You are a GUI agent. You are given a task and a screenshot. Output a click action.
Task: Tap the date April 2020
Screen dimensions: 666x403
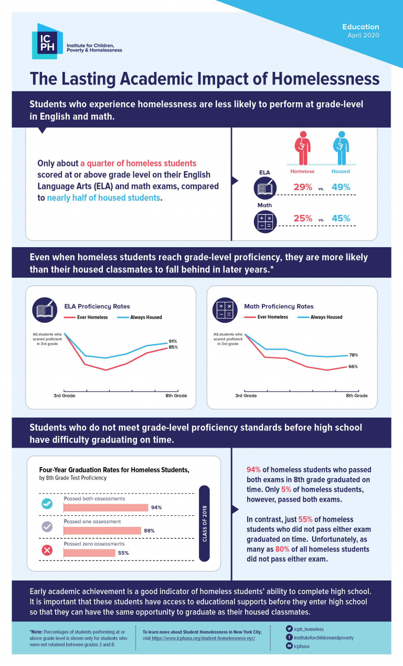pos(363,35)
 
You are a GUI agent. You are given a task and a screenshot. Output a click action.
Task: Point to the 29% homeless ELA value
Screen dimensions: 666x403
pos(302,187)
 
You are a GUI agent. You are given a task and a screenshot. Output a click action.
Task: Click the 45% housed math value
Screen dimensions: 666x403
pos(341,218)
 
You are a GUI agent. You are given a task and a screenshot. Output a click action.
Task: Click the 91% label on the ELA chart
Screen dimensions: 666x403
pos(173,341)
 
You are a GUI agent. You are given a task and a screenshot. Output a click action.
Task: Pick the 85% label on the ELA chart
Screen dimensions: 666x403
pos(173,347)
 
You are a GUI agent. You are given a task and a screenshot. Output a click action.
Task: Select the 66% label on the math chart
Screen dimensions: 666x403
pos(353,366)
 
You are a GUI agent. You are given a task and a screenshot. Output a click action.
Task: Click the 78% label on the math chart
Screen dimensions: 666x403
pos(353,355)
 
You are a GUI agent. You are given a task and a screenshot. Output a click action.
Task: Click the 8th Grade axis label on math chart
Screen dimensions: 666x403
pos(356,396)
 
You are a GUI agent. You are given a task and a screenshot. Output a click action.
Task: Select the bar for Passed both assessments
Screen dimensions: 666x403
pos(106,508)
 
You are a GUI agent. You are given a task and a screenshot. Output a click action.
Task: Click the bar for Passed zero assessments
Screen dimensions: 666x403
pos(89,553)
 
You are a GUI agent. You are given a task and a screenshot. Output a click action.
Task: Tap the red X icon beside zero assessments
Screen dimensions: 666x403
pos(47,550)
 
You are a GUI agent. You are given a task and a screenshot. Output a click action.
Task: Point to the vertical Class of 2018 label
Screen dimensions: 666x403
pos(205,523)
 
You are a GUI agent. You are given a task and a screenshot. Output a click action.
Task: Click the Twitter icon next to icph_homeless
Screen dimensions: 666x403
pos(289,629)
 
